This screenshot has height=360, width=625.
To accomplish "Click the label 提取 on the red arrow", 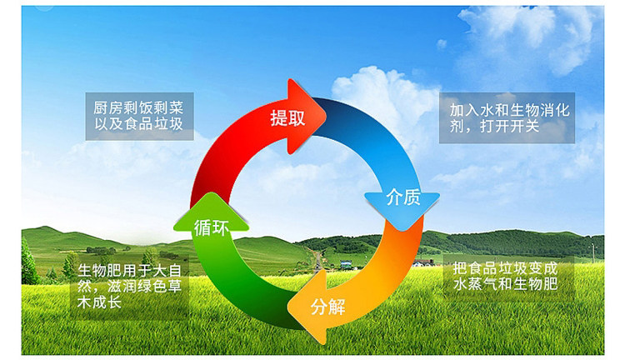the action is pos(287,118).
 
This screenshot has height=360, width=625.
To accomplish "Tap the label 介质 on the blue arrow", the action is pos(403,197).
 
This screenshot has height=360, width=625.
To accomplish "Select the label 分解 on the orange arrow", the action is pos(327,307).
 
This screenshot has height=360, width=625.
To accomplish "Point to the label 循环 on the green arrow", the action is pos(212,228).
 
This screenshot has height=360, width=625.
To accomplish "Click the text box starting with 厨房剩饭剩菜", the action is pos(139,117).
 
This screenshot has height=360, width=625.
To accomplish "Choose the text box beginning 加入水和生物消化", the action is pos(507,118).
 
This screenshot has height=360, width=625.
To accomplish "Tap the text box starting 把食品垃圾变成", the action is pos(509,277).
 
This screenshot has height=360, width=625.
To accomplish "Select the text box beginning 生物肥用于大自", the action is pos(129,286).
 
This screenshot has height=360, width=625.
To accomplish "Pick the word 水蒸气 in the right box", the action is pos(476,284).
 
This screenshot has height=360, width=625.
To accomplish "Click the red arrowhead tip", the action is pos(326,116).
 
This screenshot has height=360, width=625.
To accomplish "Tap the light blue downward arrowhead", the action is pos(402,210).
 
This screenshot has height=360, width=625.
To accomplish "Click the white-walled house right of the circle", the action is pos(423,263).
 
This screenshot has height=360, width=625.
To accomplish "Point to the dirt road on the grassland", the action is pos(317,260).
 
